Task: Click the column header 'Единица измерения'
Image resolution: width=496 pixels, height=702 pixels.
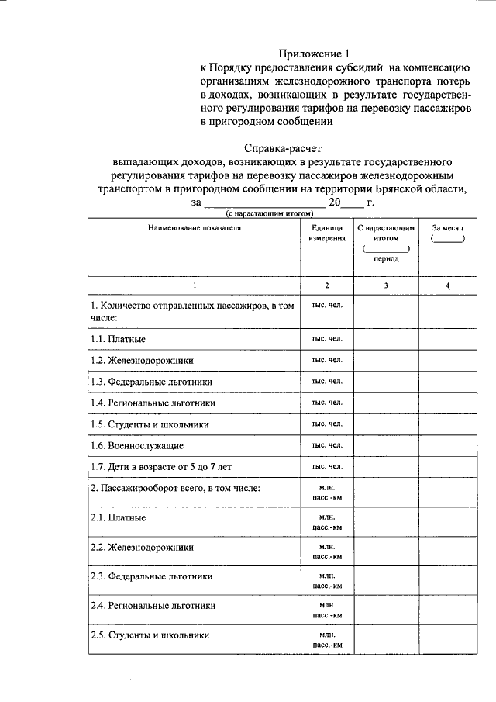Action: point(326,234)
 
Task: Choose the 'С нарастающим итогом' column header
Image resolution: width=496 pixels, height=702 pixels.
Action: point(386,234)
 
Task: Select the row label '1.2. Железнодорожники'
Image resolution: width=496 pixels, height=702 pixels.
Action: point(142,361)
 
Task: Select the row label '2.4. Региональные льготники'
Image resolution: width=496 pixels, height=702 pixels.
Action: point(153,605)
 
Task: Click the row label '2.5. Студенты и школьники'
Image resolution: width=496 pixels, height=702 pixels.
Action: point(150,635)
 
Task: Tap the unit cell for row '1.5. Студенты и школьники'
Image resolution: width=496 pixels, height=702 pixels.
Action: point(326,424)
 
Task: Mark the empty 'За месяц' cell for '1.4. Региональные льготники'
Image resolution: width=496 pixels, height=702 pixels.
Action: point(448,403)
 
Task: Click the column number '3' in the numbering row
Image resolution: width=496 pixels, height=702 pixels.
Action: point(386,285)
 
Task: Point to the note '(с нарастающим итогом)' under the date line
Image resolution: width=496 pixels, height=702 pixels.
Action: point(268,213)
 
